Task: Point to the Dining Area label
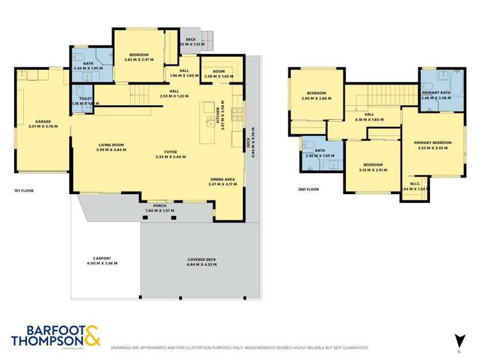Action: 223,179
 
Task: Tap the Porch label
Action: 160,206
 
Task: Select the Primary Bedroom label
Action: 433,143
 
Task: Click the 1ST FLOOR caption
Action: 24,191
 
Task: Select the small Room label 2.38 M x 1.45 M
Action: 220,73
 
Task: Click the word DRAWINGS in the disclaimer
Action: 124,348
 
